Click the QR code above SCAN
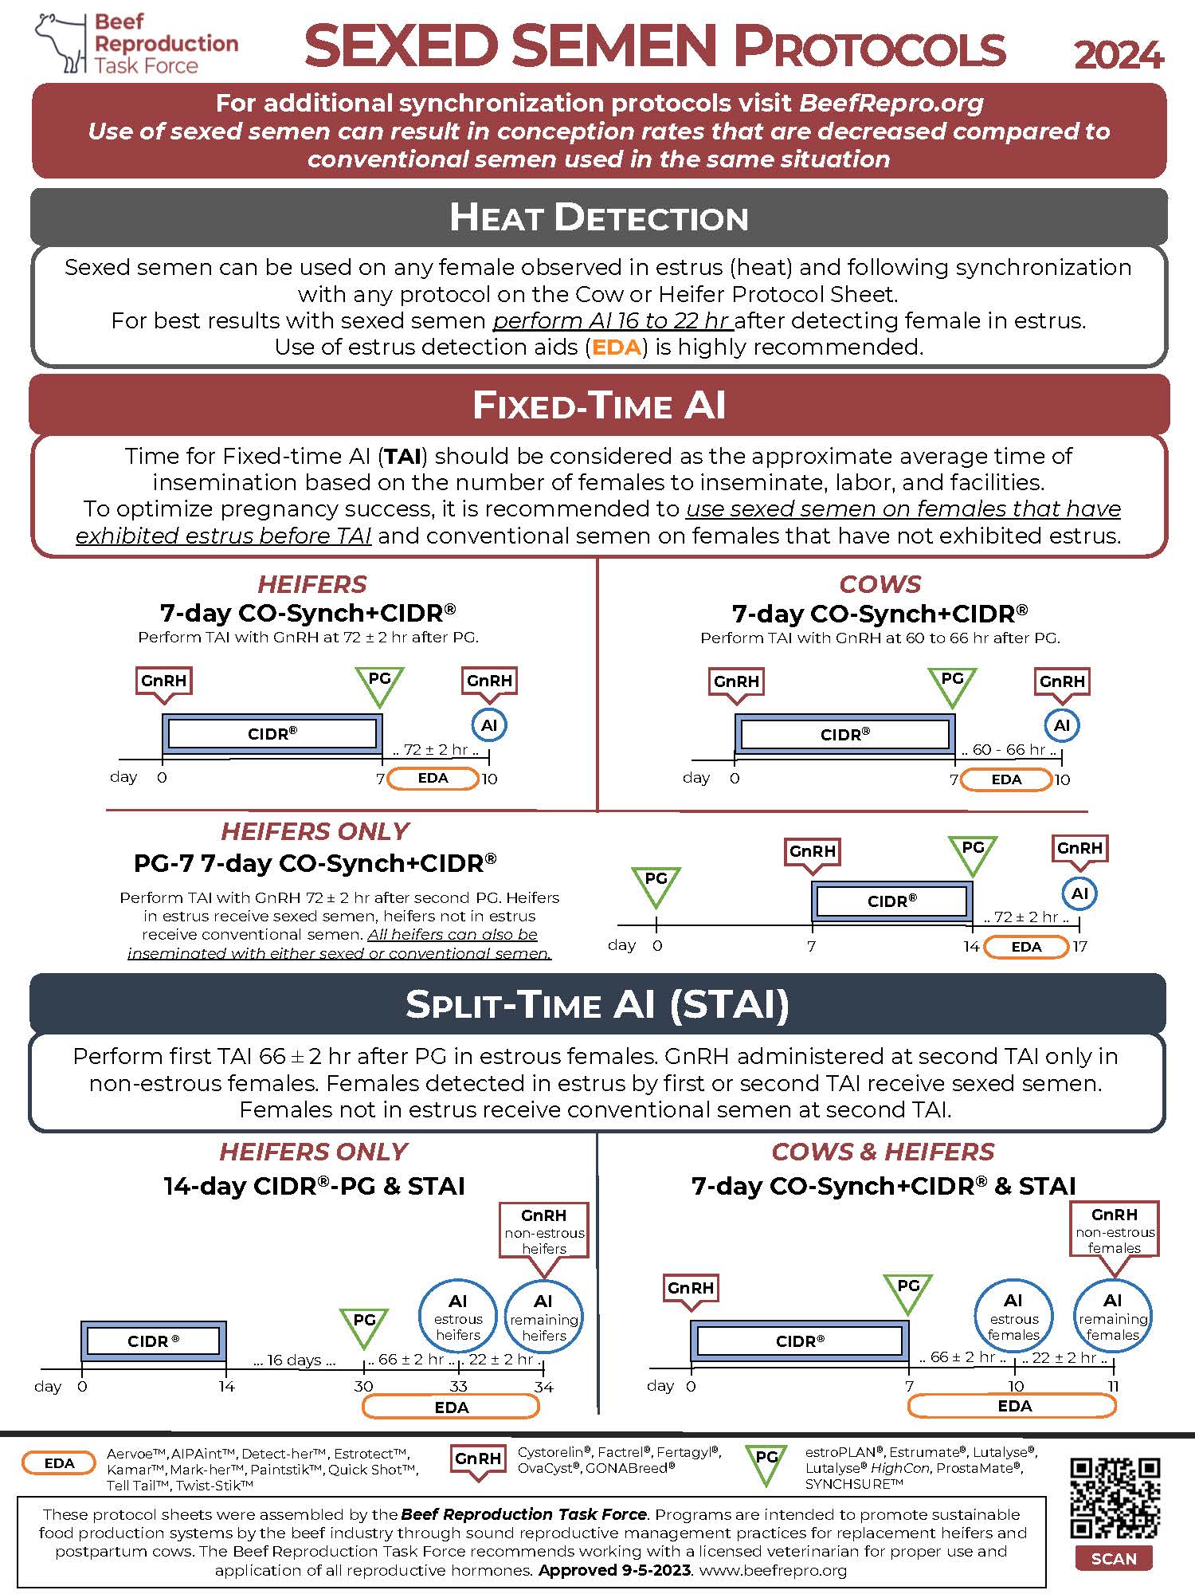tap(1114, 1498)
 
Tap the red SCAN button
tap(1114, 1559)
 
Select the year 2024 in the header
tap(1119, 54)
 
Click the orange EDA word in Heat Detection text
tap(617, 347)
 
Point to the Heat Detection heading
tap(599, 218)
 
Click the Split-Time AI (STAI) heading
tap(597, 1004)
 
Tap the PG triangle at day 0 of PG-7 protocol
tap(656, 885)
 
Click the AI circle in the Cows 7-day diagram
tap(1062, 725)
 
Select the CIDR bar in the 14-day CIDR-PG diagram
tap(154, 1341)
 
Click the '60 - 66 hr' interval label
tap(1009, 750)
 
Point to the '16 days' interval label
tap(295, 1360)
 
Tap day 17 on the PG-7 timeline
tap(1079, 946)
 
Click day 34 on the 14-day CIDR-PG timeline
tap(543, 1387)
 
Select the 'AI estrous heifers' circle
tap(458, 1317)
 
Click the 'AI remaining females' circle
tap(1112, 1317)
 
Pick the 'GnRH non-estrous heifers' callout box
tap(544, 1230)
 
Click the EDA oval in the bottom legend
tap(60, 1463)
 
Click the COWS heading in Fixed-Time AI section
tap(880, 584)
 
